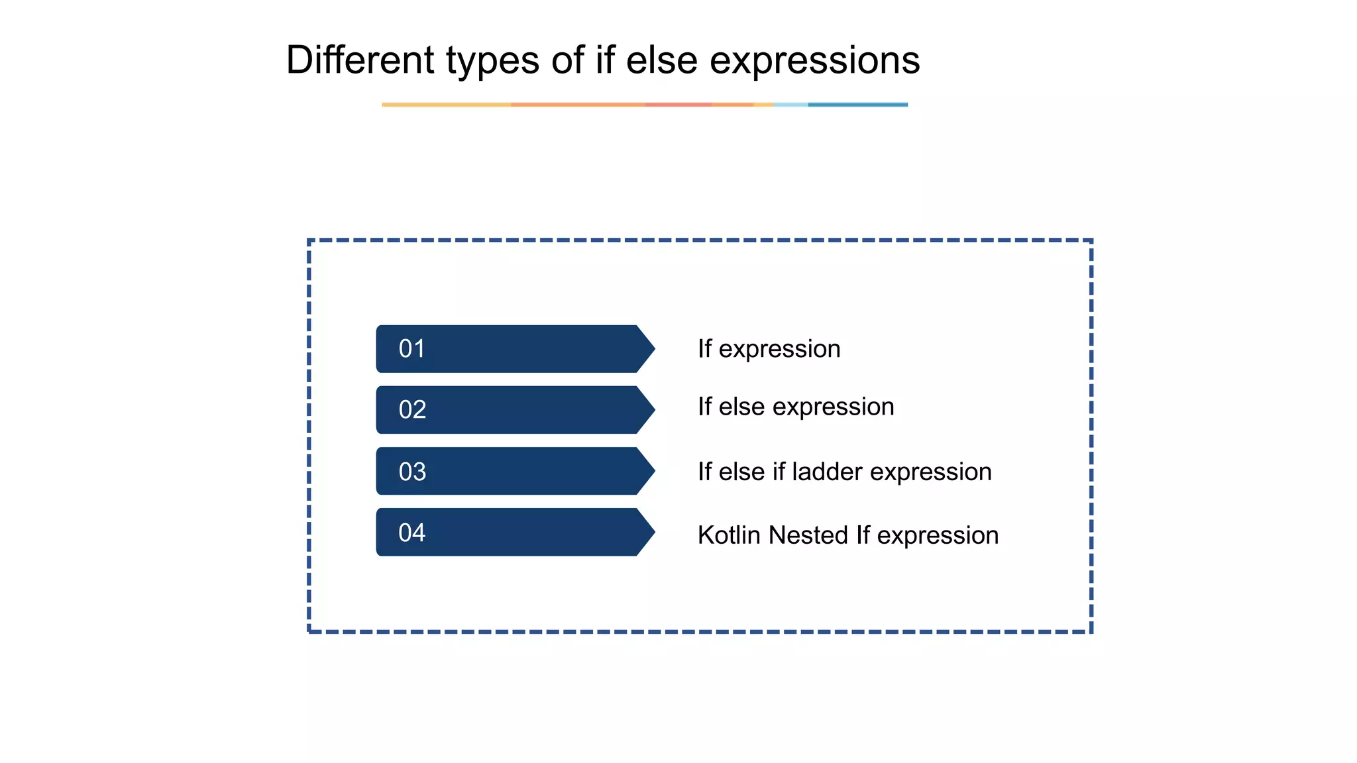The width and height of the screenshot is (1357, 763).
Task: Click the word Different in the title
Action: click(360, 60)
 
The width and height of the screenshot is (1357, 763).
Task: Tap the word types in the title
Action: click(492, 61)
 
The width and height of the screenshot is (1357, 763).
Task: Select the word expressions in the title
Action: click(814, 61)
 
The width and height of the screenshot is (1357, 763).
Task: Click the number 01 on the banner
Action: click(411, 349)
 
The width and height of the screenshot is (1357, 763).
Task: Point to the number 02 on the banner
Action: click(412, 410)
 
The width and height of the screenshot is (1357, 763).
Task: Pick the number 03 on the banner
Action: click(412, 472)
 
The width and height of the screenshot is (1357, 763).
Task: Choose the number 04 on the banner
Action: click(411, 533)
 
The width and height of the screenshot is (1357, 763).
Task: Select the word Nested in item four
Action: click(808, 535)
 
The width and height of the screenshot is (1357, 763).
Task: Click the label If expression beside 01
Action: click(769, 349)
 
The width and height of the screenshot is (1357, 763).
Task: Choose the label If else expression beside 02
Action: click(796, 407)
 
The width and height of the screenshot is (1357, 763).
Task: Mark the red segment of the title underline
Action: click(677, 105)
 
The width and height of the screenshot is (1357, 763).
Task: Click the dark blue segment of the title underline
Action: click(857, 105)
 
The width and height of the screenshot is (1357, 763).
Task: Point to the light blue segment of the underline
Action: click(790, 105)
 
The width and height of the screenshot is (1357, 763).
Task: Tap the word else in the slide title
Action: click(661, 60)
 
